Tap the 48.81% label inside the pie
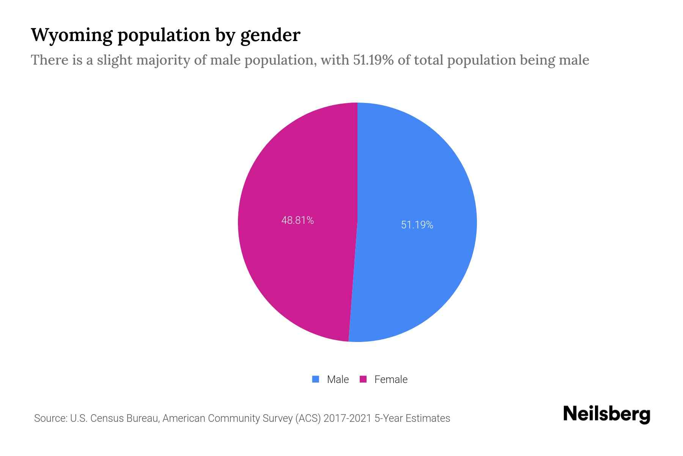pos(297,220)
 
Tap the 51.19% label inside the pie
pos(417,225)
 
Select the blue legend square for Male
pos(315,379)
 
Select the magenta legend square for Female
pos(363,379)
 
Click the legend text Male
pos(338,379)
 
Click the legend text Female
pos(391,379)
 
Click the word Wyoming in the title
pos(72,35)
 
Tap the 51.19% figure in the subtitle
pos(373,60)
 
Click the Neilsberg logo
pos(606,414)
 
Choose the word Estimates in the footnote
pos(428,418)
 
